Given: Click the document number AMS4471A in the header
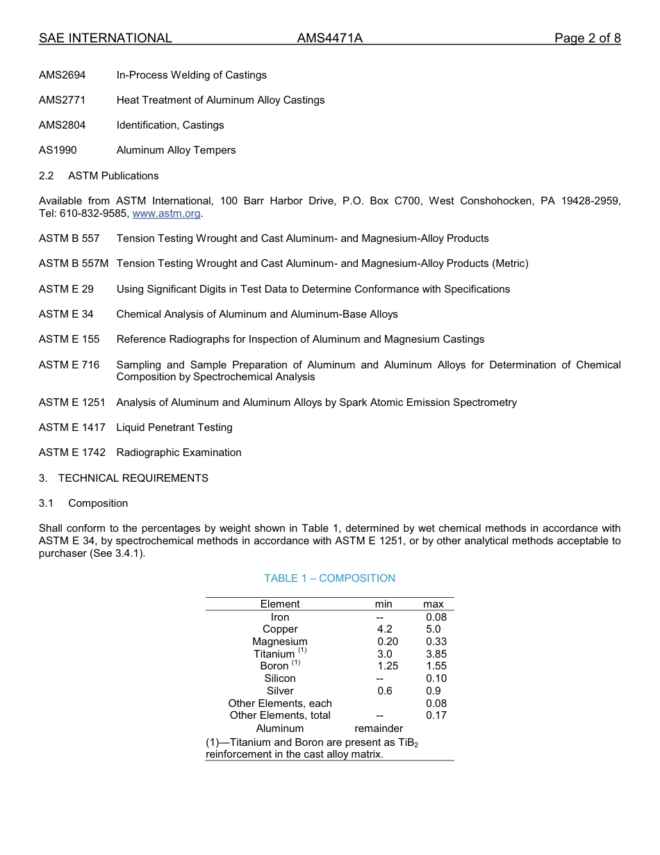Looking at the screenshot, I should (x=329, y=38).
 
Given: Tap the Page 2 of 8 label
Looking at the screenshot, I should (x=587, y=38).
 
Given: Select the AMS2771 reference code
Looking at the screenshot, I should (x=63, y=100).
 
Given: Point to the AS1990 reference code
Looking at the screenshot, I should (x=58, y=150).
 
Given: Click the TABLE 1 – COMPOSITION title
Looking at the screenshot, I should (x=329, y=578).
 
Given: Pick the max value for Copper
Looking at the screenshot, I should (x=434, y=629).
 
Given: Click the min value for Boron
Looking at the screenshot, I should (x=388, y=666).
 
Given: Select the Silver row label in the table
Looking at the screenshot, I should (x=280, y=691).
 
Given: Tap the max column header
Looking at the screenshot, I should (x=434, y=604).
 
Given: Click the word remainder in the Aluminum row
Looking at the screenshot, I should (x=379, y=728).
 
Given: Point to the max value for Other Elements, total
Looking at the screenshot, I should (x=436, y=715).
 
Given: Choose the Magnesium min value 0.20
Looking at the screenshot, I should (x=388, y=642).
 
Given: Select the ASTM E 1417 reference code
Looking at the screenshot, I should (x=72, y=427).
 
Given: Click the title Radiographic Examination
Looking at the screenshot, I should (x=179, y=453).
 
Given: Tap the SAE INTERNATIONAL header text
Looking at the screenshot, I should (x=106, y=38).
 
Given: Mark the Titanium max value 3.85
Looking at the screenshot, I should (x=436, y=654).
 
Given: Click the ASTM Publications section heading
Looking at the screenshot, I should (x=113, y=176).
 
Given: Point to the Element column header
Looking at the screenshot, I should (x=280, y=604).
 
